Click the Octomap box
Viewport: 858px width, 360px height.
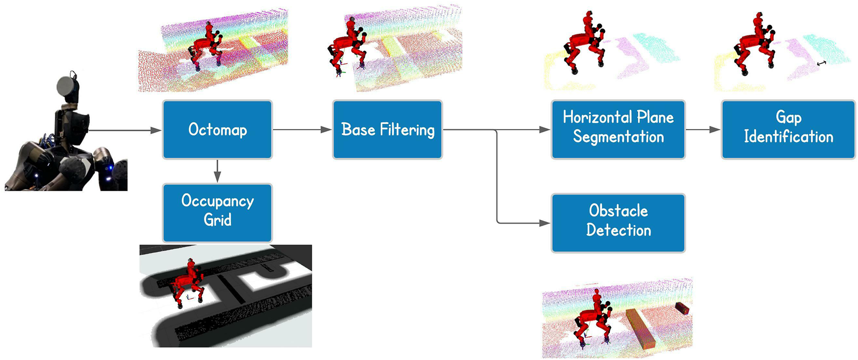217,130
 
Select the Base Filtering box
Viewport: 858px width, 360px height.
388,130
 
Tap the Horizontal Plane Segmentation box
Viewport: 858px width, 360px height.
618,130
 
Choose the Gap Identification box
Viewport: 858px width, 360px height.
788,130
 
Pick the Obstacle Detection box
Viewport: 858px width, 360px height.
618,223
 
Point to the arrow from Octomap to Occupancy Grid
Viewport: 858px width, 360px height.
217,171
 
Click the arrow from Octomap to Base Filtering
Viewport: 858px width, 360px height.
302,130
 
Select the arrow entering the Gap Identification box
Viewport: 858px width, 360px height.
703,130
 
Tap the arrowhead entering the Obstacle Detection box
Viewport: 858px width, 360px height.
545,223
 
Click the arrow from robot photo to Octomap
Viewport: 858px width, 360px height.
125,130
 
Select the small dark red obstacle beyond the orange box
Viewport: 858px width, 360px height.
683,308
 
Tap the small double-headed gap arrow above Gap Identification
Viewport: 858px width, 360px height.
822,63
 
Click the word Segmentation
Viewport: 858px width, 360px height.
618,137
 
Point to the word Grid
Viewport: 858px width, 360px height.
217,220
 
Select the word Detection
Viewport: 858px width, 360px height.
618,230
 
